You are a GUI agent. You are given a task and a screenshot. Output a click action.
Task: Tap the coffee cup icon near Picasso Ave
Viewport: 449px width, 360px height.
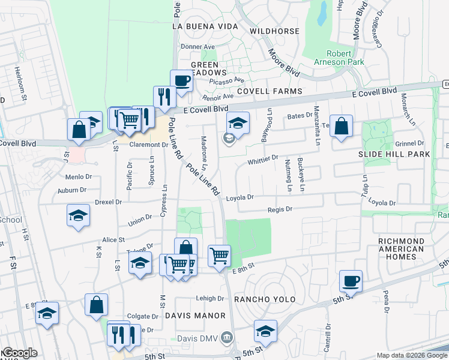point(181,80)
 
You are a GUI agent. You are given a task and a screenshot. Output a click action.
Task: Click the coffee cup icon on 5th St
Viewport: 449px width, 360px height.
point(351,280)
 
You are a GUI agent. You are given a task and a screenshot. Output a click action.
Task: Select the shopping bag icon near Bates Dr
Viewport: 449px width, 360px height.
point(341,126)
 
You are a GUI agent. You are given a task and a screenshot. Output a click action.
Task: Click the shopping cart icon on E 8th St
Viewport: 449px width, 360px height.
point(220,255)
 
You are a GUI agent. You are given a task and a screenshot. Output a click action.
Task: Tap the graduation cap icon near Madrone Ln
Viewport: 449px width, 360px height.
point(238,124)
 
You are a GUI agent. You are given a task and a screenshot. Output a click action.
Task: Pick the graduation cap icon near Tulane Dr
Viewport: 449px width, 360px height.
point(140,263)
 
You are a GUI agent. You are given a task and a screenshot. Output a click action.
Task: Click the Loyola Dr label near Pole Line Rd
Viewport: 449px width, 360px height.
point(240,197)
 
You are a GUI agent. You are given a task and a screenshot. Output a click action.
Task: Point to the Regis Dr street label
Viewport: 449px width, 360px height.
point(279,209)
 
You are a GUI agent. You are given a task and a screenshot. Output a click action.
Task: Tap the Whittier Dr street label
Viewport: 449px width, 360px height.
point(263,160)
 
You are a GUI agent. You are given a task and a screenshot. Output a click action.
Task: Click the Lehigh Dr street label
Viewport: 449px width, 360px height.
point(209,298)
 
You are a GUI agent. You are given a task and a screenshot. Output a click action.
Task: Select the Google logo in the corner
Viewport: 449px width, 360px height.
point(19,353)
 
